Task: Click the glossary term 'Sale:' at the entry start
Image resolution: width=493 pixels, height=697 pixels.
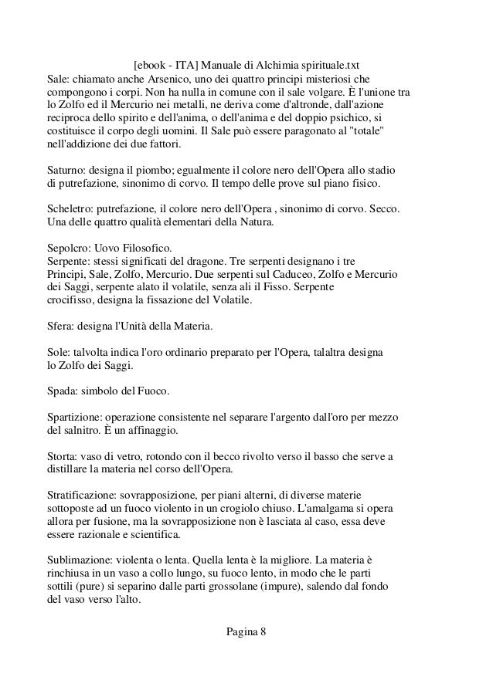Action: click(59, 80)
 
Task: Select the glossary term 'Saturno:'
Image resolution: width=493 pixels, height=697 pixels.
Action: click(66, 170)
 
